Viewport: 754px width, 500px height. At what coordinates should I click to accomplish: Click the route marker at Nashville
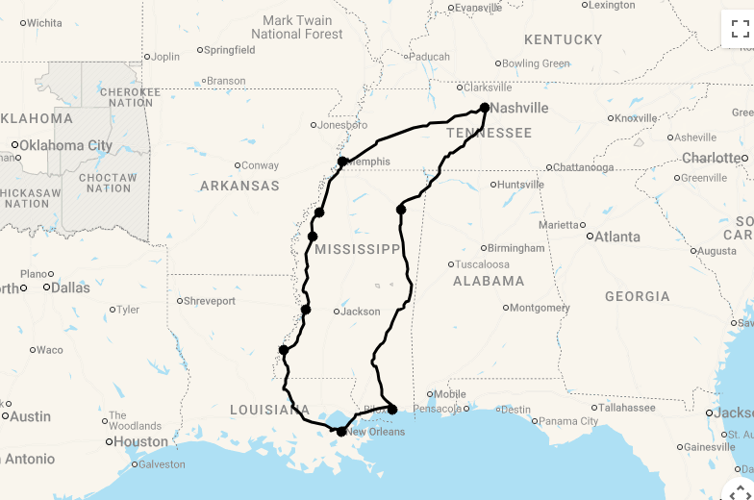click(485, 108)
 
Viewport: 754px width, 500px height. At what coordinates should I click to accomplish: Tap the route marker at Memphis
click(342, 162)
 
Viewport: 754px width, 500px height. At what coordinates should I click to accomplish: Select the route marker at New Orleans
click(341, 432)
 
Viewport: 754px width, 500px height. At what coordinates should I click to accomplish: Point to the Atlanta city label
click(616, 237)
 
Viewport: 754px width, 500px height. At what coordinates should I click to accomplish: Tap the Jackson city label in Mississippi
click(361, 312)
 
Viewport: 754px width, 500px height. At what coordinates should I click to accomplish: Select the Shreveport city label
click(209, 301)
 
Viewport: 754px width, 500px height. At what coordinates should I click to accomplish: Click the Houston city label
click(140, 442)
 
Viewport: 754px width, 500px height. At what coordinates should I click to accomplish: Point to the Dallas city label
click(69, 287)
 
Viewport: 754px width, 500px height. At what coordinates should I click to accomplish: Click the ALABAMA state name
click(489, 281)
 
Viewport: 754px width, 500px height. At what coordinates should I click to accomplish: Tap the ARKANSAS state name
click(239, 186)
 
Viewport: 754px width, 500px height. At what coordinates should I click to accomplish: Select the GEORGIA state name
click(637, 296)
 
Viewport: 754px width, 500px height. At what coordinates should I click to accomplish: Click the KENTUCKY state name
click(563, 39)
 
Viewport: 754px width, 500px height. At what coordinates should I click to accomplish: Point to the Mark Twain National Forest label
click(296, 27)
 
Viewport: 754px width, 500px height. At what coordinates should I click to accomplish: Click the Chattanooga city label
click(584, 167)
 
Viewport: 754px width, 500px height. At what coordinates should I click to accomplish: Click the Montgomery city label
click(540, 309)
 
